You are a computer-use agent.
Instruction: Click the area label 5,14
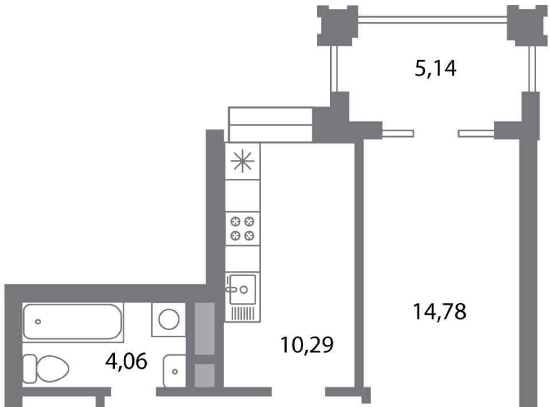pyautogui.click(x=435, y=69)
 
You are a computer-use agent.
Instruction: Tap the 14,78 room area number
pyautogui.click(x=440, y=312)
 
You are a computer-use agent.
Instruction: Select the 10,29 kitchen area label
pyautogui.click(x=307, y=345)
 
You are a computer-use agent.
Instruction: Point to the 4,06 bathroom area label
pyautogui.click(x=126, y=361)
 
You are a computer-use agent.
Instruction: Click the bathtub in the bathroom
pyautogui.click(x=73, y=322)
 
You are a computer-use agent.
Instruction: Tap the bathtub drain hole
pyautogui.click(x=38, y=322)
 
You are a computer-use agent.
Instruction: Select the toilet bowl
pyautogui.click(x=53, y=369)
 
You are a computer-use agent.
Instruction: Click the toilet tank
pyautogui.click(x=29, y=369)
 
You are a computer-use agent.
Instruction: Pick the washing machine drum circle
pyautogui.click(x=168, y=319)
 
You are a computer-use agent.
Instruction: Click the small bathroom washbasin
pyautogui.click(x=175, y=371)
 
